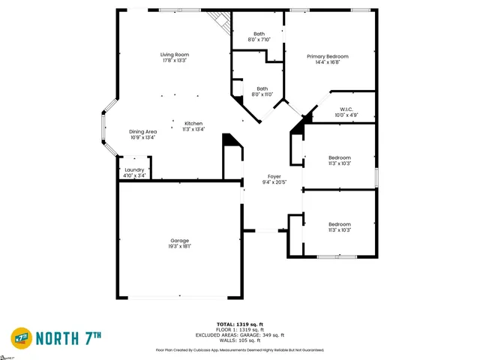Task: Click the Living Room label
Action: (x=173, y=55)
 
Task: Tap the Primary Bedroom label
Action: (x=328, y=56)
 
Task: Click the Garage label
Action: (x=179, y=240)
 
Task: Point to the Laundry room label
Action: (x=134, y=169)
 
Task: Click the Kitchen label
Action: (x=193, y=123)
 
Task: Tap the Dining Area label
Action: (x=142, y=131)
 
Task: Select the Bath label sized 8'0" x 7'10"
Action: (x=259, y=33)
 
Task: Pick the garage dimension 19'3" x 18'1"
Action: (x=179, y=246)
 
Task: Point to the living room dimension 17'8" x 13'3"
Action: (x=173, y=61)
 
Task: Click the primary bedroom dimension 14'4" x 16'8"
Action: (x=328, y=62)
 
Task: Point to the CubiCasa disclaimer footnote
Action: (x=239, y=349)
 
